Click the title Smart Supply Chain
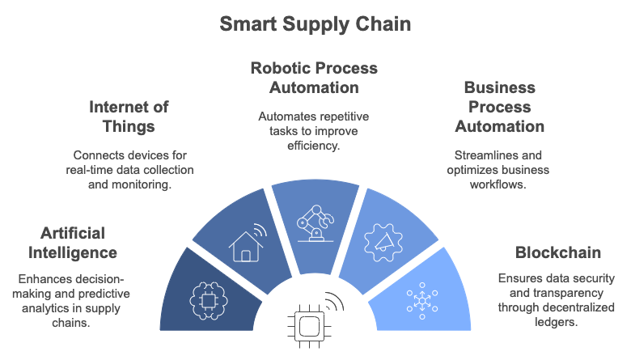pos(315,24)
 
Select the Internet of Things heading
pos(129,116)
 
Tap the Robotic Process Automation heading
pos(314,78)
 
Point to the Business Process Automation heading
pos(499,107)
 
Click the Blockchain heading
pos(557,252)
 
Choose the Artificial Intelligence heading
pos(73,243)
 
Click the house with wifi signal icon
pos(248,243)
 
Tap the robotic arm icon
pos(315,223)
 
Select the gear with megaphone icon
pos(383,243)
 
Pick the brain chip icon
pos(209,301)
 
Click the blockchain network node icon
pos(422,301)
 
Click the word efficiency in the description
pos(314,146)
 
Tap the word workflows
pos(498,184)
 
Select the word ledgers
pos(556,322)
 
